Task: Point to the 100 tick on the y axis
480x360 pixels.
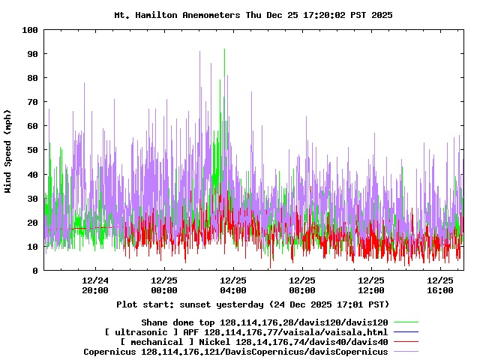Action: coord(31,30)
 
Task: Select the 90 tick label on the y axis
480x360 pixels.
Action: coord(33,54)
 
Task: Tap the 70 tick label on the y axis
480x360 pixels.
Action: coord(33,102)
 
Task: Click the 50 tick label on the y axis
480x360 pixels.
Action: coord(33,150)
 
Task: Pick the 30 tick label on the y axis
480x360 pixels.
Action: coord(33,199)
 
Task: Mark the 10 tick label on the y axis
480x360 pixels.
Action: coord(33,247)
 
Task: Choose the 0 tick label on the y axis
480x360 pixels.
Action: coord(35,271)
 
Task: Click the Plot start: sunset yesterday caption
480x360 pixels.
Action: coord(253,304)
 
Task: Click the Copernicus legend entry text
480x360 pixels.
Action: coord(235,351)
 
